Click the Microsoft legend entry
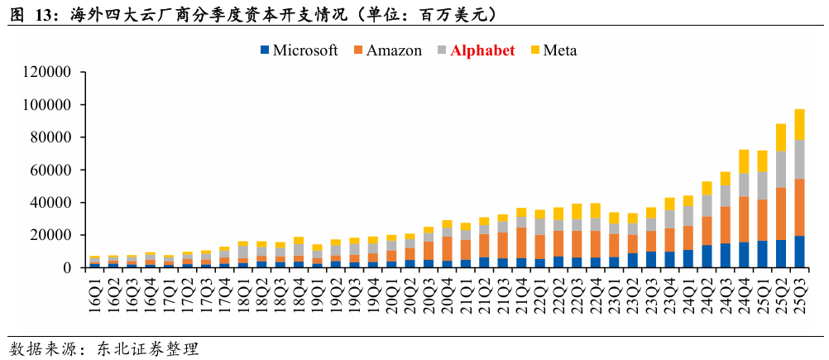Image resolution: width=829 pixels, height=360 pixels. tap(299, 50)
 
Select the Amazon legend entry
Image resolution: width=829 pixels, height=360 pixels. tap(387, 50)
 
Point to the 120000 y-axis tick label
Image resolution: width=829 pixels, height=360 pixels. tap(48, 72)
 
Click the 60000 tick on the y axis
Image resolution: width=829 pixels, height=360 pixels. tap(52, 170)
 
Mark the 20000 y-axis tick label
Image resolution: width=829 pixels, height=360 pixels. tap(52, 235)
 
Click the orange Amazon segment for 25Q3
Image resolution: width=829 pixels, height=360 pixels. tap(799, 207)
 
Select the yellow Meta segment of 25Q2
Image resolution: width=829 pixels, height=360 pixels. tap(781, 137)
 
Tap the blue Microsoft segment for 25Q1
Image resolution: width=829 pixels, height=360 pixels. tap(762, 253)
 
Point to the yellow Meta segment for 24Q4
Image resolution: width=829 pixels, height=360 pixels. tap(744, 161)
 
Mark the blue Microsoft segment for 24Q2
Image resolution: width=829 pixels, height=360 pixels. tap(707, 256)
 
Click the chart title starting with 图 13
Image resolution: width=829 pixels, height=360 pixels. tap(248, 15)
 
